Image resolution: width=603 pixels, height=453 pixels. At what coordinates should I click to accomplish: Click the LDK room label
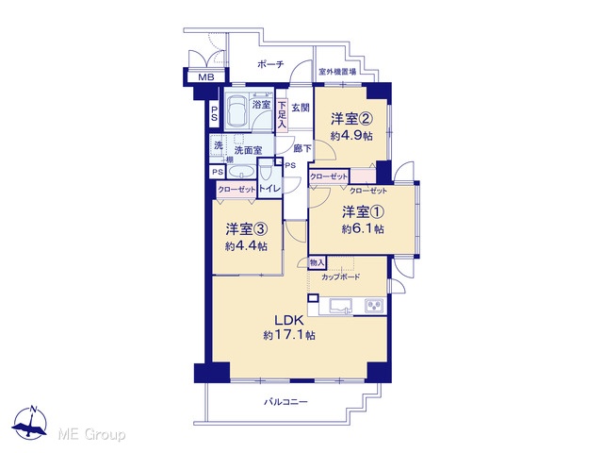(x=289, y=321)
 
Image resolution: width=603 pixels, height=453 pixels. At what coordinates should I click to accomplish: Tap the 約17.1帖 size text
(x=289, y=336)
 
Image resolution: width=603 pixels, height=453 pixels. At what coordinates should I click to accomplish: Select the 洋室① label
(x=364, y=211)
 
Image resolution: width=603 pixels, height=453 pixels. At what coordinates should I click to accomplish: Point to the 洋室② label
(x=351, y=119)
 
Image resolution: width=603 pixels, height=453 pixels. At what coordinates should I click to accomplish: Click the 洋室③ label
(x=247, y=229)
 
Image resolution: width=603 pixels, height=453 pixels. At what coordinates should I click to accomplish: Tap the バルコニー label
(x=285, y=402)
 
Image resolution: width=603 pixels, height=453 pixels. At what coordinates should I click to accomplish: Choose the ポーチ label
(x=270, y=64)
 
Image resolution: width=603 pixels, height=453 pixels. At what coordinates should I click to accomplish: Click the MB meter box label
(x=206, y=77)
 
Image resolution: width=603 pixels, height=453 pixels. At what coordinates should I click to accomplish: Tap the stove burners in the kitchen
(x=374, y=306)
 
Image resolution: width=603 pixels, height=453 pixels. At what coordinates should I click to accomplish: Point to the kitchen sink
(x=341, y=306)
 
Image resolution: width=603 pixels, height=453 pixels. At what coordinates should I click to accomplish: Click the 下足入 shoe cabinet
(x=282, y=115)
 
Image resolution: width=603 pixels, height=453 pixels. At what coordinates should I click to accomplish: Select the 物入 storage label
(x=318, y=263)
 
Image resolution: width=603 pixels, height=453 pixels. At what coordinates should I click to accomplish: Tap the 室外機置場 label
(x=337, y=72)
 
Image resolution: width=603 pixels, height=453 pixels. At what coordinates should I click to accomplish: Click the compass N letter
(x=34, y=409)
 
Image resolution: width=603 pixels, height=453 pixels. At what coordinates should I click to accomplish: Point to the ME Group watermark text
(x=91, y=434)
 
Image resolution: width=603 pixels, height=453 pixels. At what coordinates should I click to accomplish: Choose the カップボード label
(x=340, y=277)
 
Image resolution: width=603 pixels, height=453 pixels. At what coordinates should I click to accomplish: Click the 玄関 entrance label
(x=301, y=108)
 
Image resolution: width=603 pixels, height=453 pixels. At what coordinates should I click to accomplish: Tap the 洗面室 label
(x=249, y=150)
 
